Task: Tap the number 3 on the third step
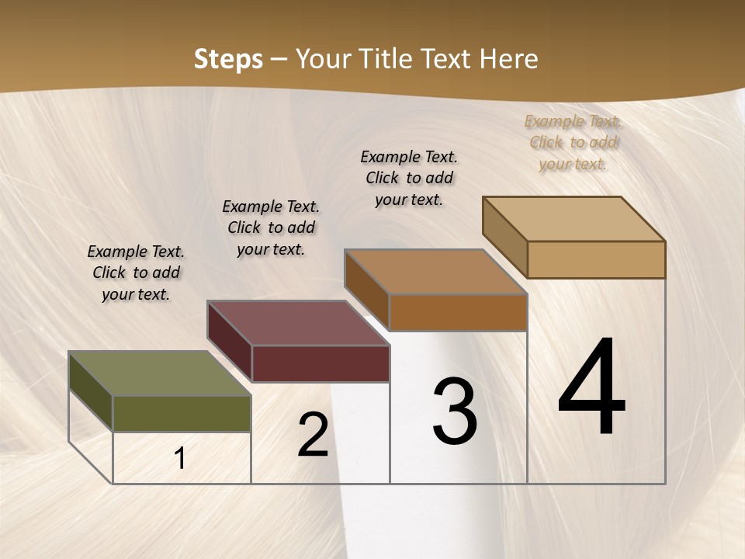[x=455, y=411]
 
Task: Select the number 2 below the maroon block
[x=313, y=435]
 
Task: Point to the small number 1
[x=180, y=459]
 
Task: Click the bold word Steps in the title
[x=228, y=59]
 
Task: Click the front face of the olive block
[x=182, y=413]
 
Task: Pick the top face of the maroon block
[x=299, y=323]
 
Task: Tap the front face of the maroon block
[x=321, y=363]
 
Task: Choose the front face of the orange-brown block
[x=458, y=312]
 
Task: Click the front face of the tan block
[x=596, y=259]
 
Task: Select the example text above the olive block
[x=136, y=273]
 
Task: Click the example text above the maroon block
[x=271, y=227]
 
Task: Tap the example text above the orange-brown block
[x=409, y=178]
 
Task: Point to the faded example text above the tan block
[x=573, y=142]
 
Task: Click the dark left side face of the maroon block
[x=230, y=341]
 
